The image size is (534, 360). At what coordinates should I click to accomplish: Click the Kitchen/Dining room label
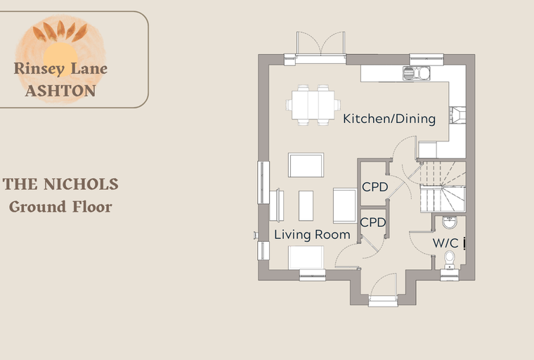389,119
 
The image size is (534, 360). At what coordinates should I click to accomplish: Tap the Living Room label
312,235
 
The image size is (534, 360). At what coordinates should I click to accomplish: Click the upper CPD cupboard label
375,187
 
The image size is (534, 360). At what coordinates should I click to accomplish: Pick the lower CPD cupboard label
373,222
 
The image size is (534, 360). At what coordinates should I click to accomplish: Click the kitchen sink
416,73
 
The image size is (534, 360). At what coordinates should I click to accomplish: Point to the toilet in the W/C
450,259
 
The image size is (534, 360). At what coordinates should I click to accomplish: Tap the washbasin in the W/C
450,222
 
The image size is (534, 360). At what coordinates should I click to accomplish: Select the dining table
313,105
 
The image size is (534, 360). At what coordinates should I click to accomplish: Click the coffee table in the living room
306,205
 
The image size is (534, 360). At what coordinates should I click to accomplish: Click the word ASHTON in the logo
60,91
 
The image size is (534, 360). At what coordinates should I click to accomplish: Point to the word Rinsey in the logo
39,68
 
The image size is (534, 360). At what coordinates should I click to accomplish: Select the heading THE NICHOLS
60,184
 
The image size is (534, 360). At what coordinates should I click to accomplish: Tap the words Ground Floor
60,207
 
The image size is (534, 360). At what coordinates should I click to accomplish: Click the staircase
443,186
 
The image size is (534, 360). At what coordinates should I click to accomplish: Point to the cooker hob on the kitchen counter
457,115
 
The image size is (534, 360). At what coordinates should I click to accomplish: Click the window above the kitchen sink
426,59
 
